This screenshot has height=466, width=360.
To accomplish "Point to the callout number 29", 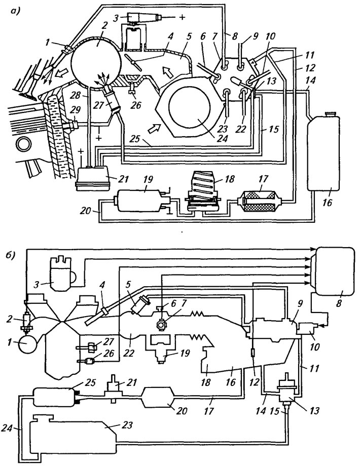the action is (75, 110).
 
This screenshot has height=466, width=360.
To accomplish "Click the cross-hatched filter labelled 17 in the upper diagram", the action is (260, 203).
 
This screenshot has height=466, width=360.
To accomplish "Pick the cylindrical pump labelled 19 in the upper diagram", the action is (141, 201).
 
